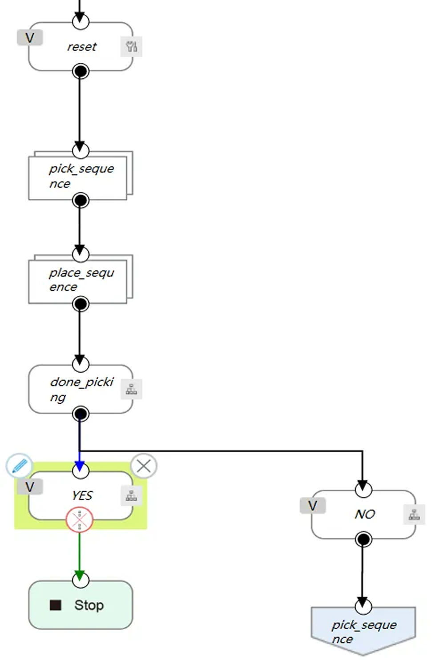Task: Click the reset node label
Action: (82, 47)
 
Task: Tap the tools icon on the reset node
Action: (131, 46)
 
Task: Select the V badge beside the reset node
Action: (30, 37)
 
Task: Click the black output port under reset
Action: (81, 71)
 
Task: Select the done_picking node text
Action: (81, 389)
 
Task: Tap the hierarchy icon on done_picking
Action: (131, 389)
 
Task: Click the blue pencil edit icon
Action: (19, 466)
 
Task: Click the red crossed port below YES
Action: (80, 519)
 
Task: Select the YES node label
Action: (82, 495)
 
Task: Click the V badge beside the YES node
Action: (30, 487)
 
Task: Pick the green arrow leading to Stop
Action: (80, 556)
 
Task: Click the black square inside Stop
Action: (56, 605)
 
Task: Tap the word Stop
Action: (89, 605)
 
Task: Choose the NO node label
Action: (365, 514)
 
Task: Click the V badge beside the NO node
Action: (313, 506)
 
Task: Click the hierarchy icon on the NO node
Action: (414, 515)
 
